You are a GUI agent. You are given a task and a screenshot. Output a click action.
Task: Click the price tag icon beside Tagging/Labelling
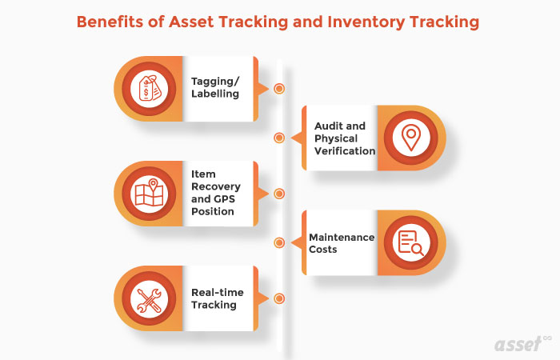tap(150, 88)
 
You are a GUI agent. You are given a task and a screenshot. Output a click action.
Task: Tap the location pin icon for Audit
tap(410, 138)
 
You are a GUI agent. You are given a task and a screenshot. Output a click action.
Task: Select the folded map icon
tap(150, 193)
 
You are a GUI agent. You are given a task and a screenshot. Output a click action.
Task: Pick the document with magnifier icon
tap(410, 242)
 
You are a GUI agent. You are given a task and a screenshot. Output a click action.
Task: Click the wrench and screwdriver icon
tap(150, 298)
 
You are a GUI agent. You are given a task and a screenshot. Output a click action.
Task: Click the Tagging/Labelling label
tap(214, 88)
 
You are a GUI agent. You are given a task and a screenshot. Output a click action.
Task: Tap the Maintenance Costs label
tap(342, 243)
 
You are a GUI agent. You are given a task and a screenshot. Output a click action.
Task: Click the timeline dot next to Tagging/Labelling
tap(279, 88)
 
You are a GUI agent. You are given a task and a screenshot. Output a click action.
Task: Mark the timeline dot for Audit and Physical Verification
tap(279, 138)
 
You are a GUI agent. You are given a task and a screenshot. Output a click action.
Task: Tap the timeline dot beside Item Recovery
tap(279, 193)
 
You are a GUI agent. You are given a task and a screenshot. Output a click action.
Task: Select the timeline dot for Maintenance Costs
tap(279, 242)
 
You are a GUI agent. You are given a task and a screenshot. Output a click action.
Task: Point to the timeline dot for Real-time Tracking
tap(279, 298)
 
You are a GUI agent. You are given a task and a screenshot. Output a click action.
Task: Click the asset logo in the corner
tap(520, 341)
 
